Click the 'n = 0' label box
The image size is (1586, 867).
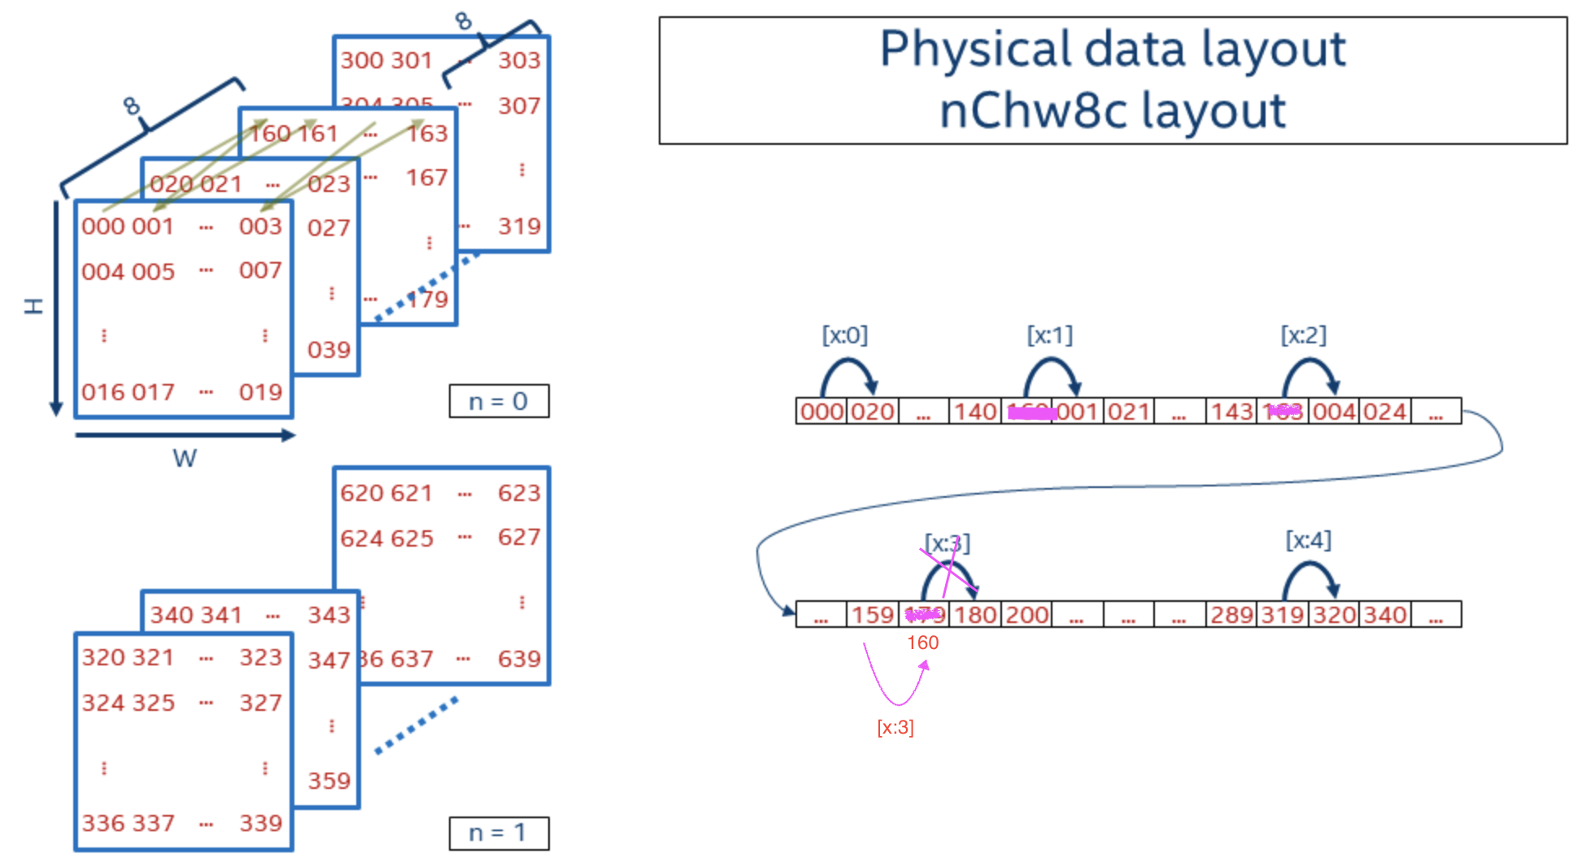[x=499, y=401]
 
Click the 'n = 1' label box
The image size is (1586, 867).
[x=499, y=833]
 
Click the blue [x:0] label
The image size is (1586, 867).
[x=844, y=335]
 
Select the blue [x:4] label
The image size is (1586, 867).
[x=1308, y=540]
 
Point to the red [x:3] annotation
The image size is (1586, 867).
[x=895, y=727]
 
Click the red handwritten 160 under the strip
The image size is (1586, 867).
[x=922, y=643]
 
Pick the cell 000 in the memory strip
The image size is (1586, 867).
[x=821, y=412]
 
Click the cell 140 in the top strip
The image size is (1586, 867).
[x=974, y=412]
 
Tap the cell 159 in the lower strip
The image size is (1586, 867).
[x=872, y=615]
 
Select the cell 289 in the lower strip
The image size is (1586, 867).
[x=1231, y=615]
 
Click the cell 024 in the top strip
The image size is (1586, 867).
[x=1384, y=412]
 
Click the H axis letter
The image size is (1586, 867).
[x=33, y=306]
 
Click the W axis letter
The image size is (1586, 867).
[x=185, y=459]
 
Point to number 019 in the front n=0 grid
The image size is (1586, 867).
[x=260, y=392]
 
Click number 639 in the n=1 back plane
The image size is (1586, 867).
[x=519, y=659]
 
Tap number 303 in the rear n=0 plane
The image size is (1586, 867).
[x=519, y=60]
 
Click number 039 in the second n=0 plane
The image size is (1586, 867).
[x=329, y=350]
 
